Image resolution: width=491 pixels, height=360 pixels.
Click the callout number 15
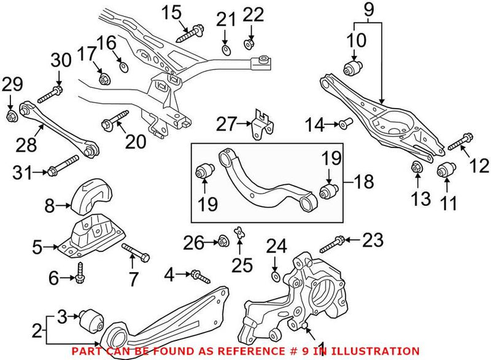tap(172, 11)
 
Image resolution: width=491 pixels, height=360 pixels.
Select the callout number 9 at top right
tap(368, 9)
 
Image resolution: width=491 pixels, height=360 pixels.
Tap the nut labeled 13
tap(416, 166)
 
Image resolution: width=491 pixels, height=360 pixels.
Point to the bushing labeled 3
tap(93, 320)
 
